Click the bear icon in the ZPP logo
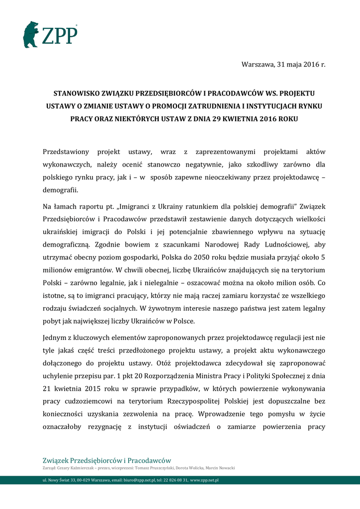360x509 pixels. pos(31,35)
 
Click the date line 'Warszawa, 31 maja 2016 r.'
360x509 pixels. pos(283,64)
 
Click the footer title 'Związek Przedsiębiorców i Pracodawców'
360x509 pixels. pos(107,460)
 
